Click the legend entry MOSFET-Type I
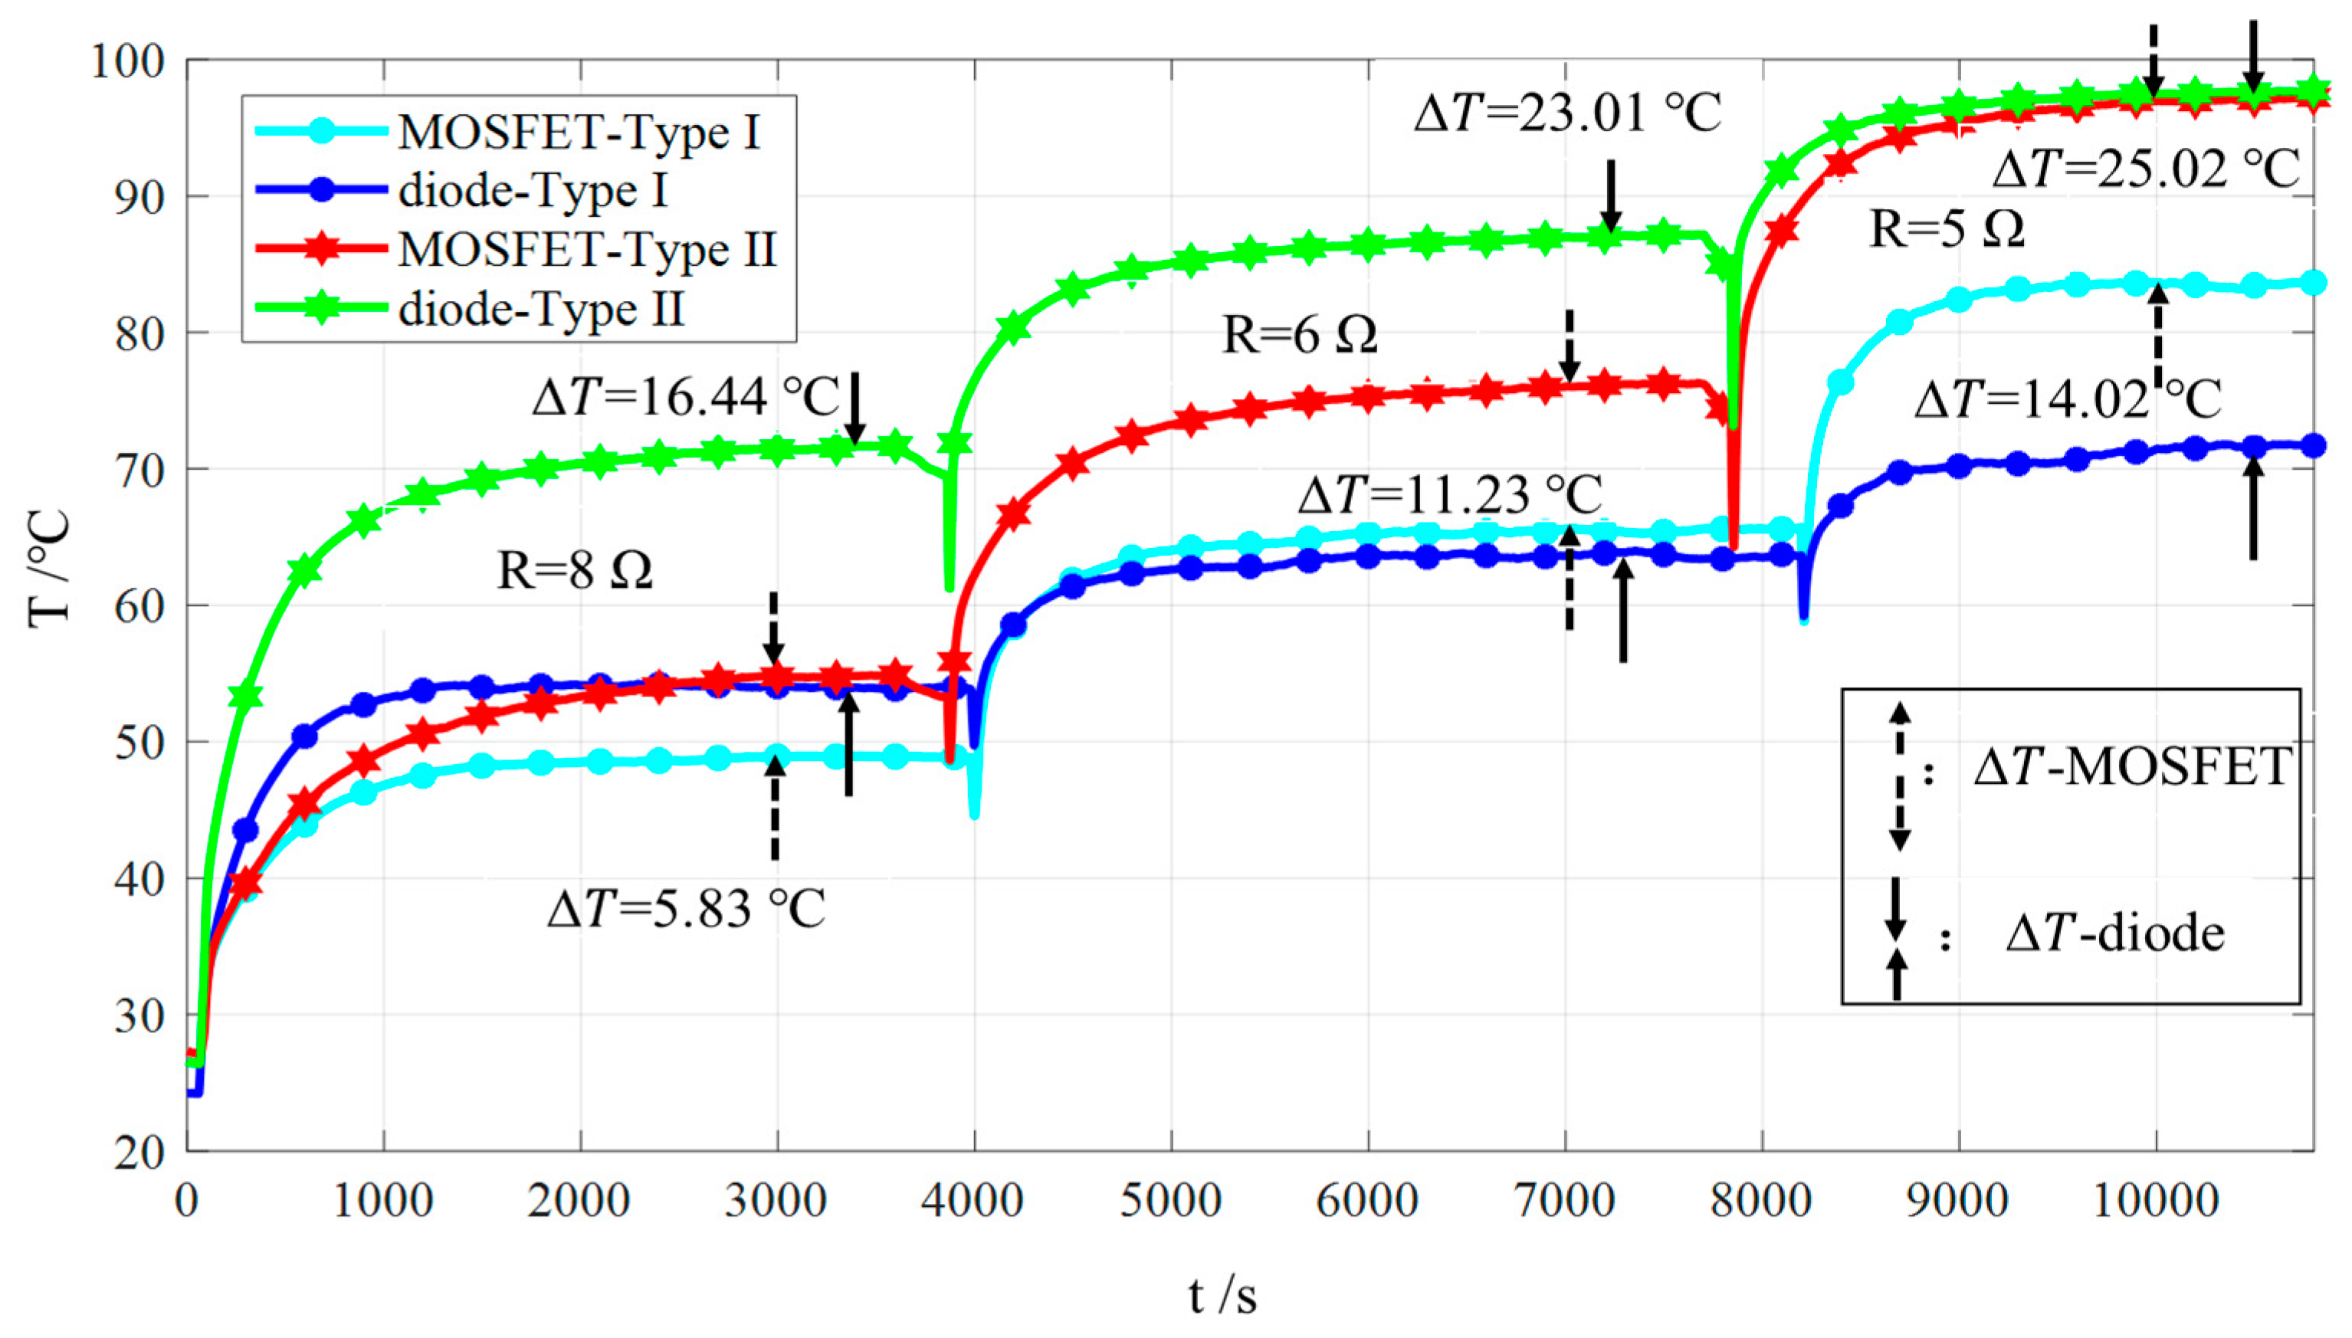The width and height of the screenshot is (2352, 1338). click(579, 133)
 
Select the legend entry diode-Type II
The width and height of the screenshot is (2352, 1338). click(542, 309)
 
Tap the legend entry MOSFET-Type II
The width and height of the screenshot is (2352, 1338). click(588, 250)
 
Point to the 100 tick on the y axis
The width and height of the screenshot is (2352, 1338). click(128, 61)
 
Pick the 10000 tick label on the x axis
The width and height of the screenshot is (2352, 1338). click(2155, 1201)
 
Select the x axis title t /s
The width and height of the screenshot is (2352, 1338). click(1222, 1297)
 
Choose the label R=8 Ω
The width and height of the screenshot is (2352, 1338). click(575, 571)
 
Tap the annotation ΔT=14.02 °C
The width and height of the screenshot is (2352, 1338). click(2067, 400)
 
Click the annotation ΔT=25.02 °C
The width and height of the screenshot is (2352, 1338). click(2146, 170)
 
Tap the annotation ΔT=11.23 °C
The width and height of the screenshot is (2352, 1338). click(1450, 495)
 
